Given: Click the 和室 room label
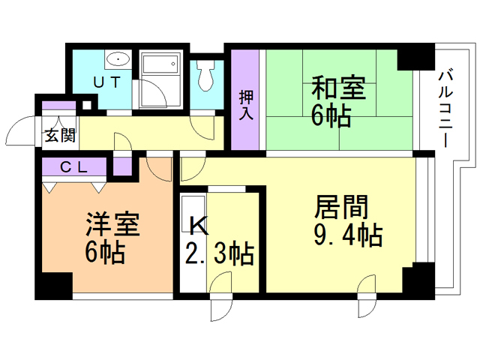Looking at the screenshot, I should pos(338,89).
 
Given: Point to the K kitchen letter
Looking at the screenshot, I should pos(196,224).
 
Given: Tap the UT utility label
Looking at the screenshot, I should pos(106,83).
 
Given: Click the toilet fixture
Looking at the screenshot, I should pos(206,74).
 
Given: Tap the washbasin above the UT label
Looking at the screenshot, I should pos(118,60).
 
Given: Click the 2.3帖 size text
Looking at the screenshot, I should pos(219,253).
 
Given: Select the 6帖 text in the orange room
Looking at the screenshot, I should pos(104,253).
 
